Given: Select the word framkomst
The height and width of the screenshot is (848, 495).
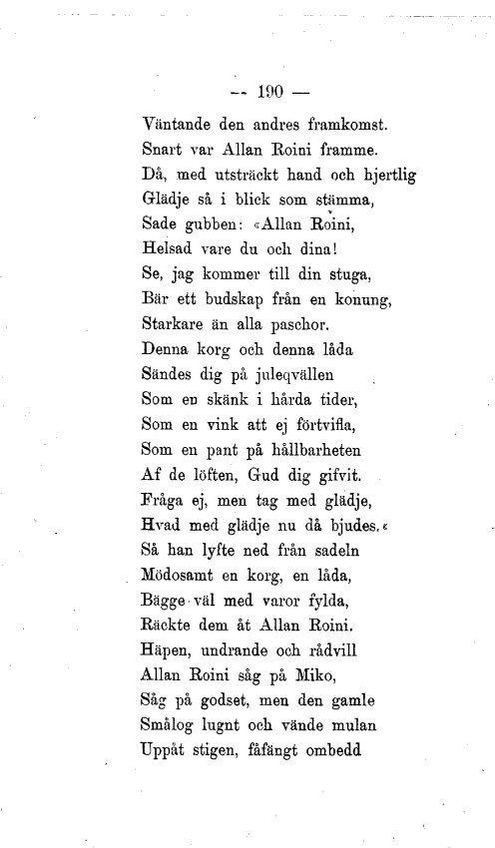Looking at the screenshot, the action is tap(330, 128).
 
